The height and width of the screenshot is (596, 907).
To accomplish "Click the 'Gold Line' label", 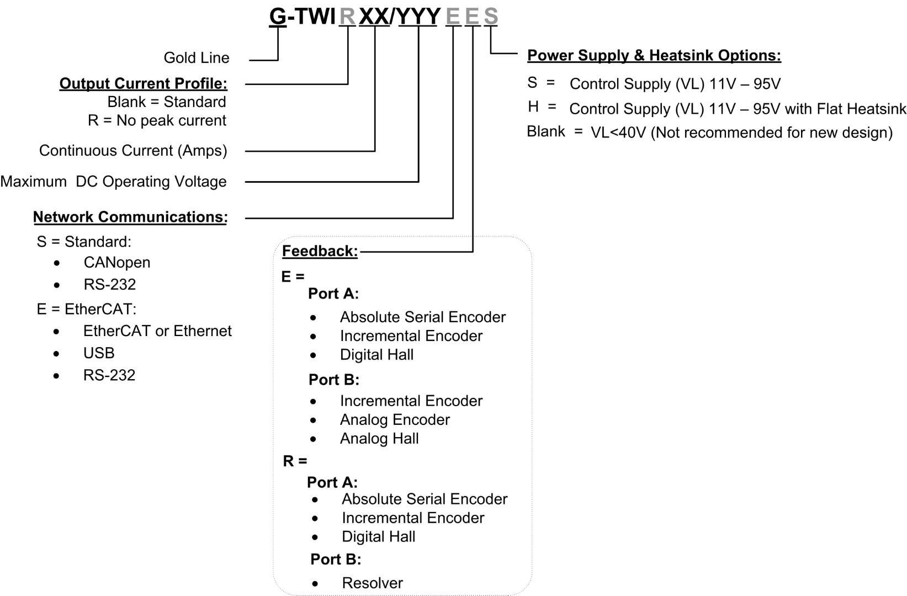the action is [x=197, y=58].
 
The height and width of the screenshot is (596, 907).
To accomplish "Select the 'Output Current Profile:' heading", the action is [x=144, y=83].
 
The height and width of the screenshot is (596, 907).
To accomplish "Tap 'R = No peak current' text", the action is [x=157, y=120].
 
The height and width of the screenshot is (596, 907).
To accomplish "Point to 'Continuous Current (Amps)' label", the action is [x=133, y=151].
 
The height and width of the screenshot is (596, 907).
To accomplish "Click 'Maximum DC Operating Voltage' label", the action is [x=113, y=182].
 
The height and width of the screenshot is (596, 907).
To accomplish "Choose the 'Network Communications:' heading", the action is [x=130, y=217].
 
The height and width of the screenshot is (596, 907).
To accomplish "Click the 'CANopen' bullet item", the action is [x=117, y=262].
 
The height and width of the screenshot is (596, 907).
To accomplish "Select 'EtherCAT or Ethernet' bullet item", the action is [x=157, y=331].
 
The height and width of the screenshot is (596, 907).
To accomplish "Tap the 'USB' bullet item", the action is [x=99, y=353].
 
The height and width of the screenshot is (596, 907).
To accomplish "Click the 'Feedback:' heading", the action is [x=320, y=251].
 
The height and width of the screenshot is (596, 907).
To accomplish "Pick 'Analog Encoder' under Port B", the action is [x=395, y=419].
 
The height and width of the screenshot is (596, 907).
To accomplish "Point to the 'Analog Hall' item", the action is [x=379, y=439].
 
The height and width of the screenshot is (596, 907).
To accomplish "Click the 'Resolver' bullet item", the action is [x=373, y=583].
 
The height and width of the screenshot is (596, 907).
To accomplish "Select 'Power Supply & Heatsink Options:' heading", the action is [x=654, y=56].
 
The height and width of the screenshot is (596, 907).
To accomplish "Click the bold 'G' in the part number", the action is [x=278, y=17].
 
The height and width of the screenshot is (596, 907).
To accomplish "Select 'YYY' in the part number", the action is [x=418, y=17].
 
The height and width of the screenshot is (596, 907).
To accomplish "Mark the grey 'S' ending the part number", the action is [x=491, y=16].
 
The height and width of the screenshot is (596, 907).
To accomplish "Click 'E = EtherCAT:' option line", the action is [x=86, y=310].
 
